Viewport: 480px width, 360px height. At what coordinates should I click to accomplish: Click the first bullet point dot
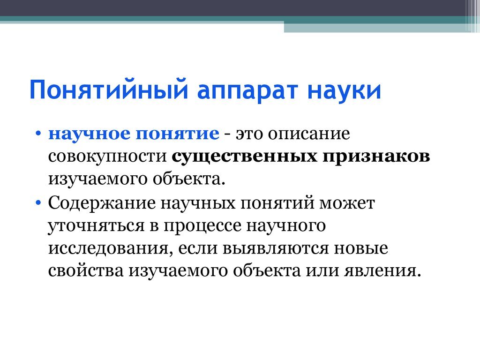point(38,135)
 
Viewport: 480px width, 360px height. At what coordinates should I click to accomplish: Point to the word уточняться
point(94,226)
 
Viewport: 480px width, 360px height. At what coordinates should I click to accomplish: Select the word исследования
point(107,248)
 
